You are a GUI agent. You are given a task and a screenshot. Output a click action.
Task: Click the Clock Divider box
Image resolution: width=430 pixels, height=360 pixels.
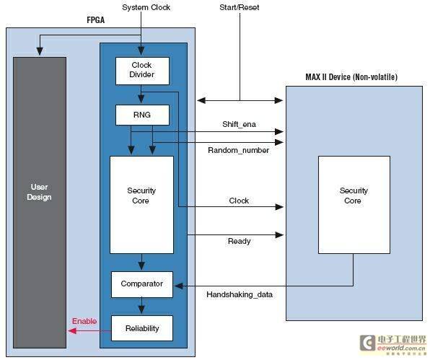point(142,71)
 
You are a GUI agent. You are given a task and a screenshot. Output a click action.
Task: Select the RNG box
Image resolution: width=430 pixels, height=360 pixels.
point(142,115)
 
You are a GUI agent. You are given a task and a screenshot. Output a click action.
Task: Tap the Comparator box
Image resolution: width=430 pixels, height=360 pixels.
point(142,284)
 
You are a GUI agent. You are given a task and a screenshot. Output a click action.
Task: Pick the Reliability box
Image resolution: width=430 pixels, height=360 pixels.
point(142,328)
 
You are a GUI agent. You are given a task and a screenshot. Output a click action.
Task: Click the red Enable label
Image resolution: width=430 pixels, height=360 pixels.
point(84,321)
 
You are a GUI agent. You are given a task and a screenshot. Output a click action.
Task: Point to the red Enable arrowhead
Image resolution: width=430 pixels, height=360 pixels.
point(72,331)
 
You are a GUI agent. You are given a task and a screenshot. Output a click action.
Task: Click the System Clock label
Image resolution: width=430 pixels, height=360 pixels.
point(146,7)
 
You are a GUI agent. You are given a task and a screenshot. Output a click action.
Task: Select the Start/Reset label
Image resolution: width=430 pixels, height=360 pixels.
point(239,7)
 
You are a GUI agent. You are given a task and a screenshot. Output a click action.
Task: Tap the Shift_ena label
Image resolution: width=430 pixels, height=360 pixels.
point(239,124)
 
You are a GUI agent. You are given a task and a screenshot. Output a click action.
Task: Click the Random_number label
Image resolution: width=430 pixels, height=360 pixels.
point(239,150)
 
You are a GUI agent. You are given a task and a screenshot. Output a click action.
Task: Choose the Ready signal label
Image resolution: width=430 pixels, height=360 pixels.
point(239,241)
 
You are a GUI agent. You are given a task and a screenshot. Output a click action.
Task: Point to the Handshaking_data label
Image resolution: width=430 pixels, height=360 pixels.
point(240,294)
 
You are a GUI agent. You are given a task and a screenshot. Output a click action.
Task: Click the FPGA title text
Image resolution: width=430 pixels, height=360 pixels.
point(96,20)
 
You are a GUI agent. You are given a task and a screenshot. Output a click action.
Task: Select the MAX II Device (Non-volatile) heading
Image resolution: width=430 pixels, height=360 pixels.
point(351,76)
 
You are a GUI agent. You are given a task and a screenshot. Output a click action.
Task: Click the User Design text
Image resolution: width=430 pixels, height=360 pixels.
point(39,192)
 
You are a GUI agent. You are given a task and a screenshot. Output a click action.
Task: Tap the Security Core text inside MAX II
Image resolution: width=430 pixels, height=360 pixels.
point(354,196)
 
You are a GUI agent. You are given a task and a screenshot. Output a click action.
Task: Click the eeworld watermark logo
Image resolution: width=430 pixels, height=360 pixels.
point(393,343)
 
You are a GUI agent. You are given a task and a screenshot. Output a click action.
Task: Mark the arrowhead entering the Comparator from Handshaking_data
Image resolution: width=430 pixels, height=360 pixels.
point(178,286)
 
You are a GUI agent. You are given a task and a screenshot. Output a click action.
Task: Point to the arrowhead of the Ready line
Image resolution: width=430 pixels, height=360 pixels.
point(279,234)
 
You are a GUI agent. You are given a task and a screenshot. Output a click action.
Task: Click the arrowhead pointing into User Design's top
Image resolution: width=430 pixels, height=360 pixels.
point(40,51)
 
